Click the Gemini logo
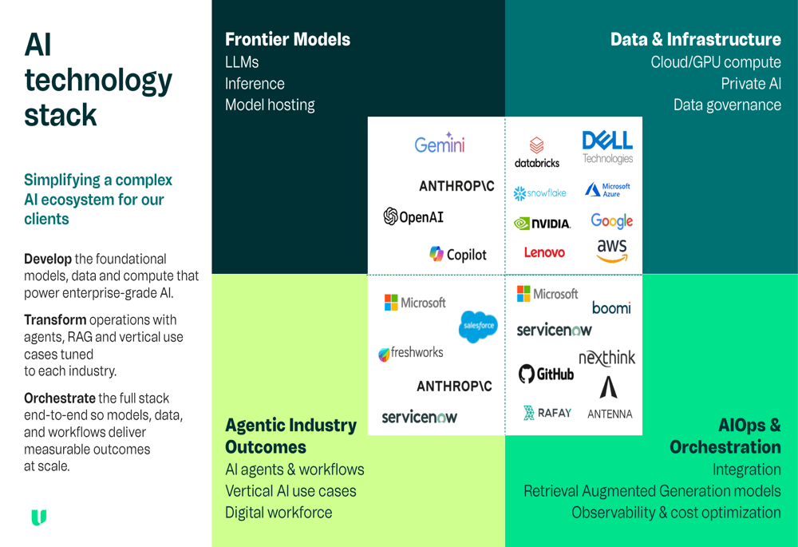coord(440,143)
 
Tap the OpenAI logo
coord(413,217)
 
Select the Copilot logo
coord(457,254)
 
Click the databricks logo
coord(537,153)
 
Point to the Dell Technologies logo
coord(607,147)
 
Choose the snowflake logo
coord(539,193)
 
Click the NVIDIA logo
coord(542,224)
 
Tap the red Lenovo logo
coord(544,252)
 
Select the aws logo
coord(612,250)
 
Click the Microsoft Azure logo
coord(607,190)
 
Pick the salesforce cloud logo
coord(478,327)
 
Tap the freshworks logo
coord(411,353)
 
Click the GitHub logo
coord(546,374)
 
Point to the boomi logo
coord(611,307)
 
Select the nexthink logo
coord(606,358)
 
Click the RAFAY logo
coord(547,413)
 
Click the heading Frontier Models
coord(287,39)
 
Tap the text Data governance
coord(727,105)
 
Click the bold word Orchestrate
coord(60,398)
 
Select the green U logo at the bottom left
coord(38,517)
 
